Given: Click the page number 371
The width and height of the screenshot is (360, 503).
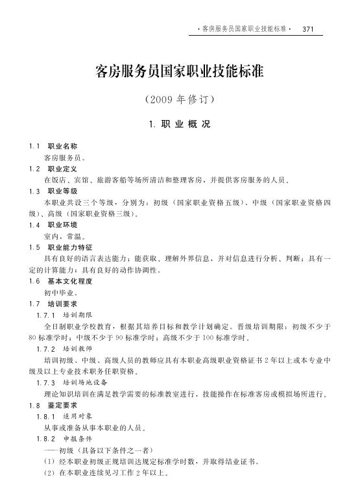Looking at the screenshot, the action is [x=308, y=29].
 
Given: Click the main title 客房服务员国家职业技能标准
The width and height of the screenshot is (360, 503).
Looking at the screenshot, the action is [x=179, y=71].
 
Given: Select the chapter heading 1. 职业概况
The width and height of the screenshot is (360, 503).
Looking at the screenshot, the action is [x=179, y=123].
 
